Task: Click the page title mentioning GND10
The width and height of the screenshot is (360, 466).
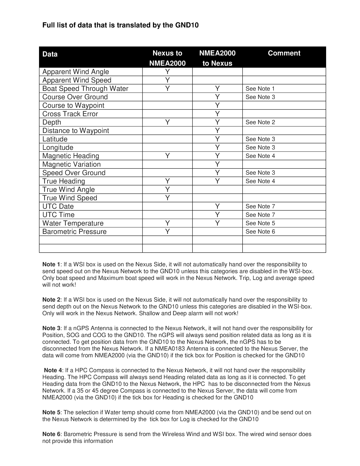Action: click(x=120, y=25)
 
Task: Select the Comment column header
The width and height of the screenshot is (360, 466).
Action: click(x=284, y=53)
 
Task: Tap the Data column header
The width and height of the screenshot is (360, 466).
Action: click(x=50, y=54)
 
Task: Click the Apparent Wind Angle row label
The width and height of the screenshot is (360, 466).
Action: click(x=76, y=72)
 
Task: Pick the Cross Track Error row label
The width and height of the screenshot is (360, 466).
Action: click(x=70, y=114)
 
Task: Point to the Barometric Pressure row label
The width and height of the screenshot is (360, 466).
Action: click(x=74, y=231)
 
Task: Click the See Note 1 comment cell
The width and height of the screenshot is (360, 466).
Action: click(x=260, y=89)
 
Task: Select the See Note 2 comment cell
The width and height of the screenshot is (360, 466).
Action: click(x=260, y=122)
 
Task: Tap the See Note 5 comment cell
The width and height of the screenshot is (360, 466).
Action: click(x=260, y=223)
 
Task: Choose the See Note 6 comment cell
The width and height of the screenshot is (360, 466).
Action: click(x=260, y=231)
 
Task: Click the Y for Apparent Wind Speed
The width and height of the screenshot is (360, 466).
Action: click(x=167, y=80)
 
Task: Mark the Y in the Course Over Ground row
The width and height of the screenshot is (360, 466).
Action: click(x=217, y=97)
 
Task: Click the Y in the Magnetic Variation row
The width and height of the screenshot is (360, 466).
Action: click(x=217, y=164)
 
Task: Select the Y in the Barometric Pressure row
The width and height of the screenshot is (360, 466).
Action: click(x=167, y=231)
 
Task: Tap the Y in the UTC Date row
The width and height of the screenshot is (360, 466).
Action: click(x=217, y=206)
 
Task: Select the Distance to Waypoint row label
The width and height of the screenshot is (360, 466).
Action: click(x=76, y=131)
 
